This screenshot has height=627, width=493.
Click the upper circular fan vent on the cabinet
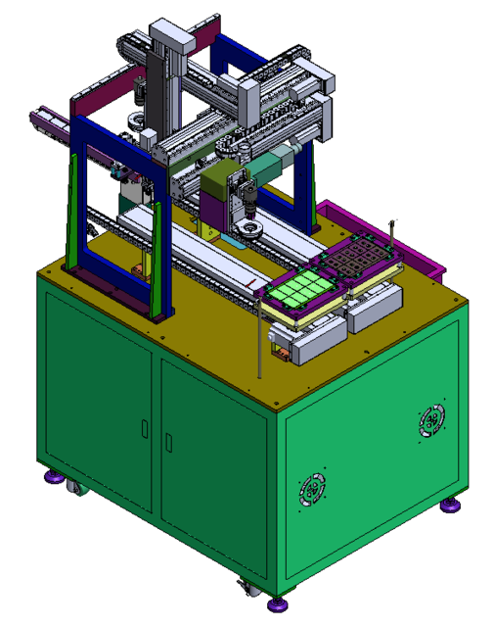pyautogui.click(x=429, y=422)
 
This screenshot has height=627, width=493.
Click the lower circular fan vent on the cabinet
pyautogui.click(x=313, y=487)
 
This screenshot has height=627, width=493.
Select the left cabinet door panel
pyautogui.click(x=98, y=411)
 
